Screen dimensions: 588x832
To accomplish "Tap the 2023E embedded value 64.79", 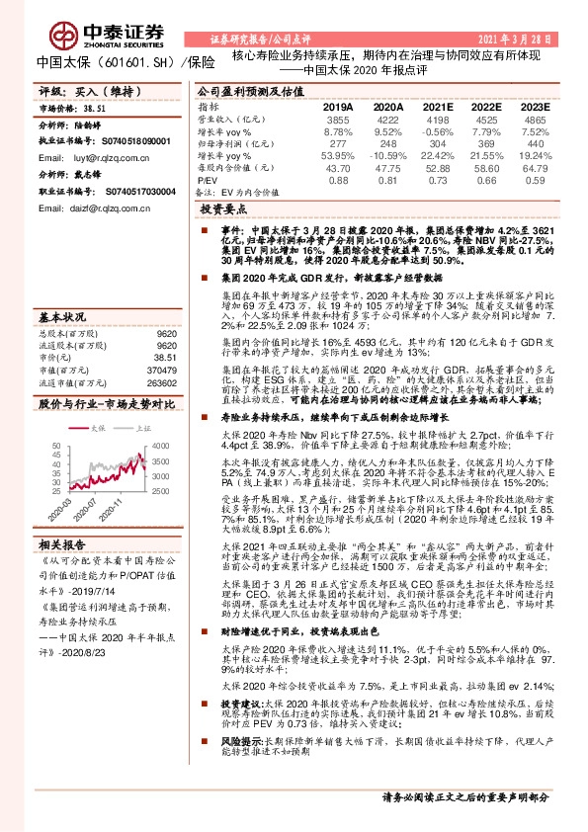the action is [x=533, y=168].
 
